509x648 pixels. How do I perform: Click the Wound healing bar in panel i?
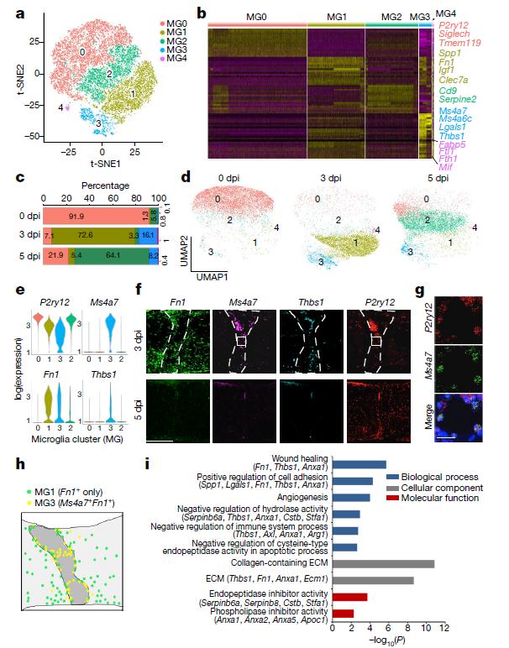coord(359,464)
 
